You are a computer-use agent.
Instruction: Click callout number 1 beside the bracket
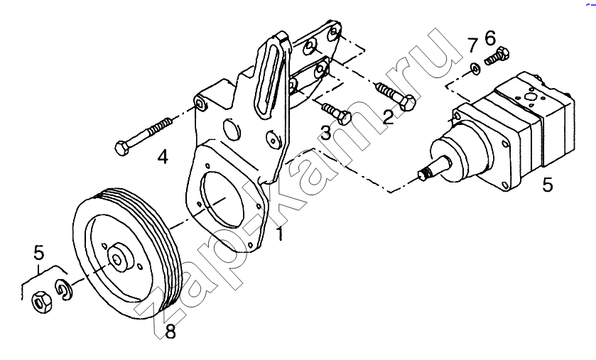(280, 234)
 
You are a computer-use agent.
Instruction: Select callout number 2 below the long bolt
(388, 117)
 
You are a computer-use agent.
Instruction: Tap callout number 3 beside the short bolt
(326, 133)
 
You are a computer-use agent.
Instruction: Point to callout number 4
(163, 157)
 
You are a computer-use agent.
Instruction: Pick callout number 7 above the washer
(472, 45)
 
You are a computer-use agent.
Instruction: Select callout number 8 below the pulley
(170, 332)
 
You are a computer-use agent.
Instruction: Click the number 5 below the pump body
(548, 185)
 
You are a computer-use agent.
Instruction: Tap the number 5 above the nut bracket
(39, 253)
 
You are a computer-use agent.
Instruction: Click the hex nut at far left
(41, 302)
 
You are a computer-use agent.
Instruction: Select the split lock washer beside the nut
(64, 290)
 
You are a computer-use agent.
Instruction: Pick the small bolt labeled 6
(497, 56)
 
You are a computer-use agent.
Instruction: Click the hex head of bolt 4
(121, 148)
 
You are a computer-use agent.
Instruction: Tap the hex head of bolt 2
(407, 103)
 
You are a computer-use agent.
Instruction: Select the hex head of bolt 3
(345, 118)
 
